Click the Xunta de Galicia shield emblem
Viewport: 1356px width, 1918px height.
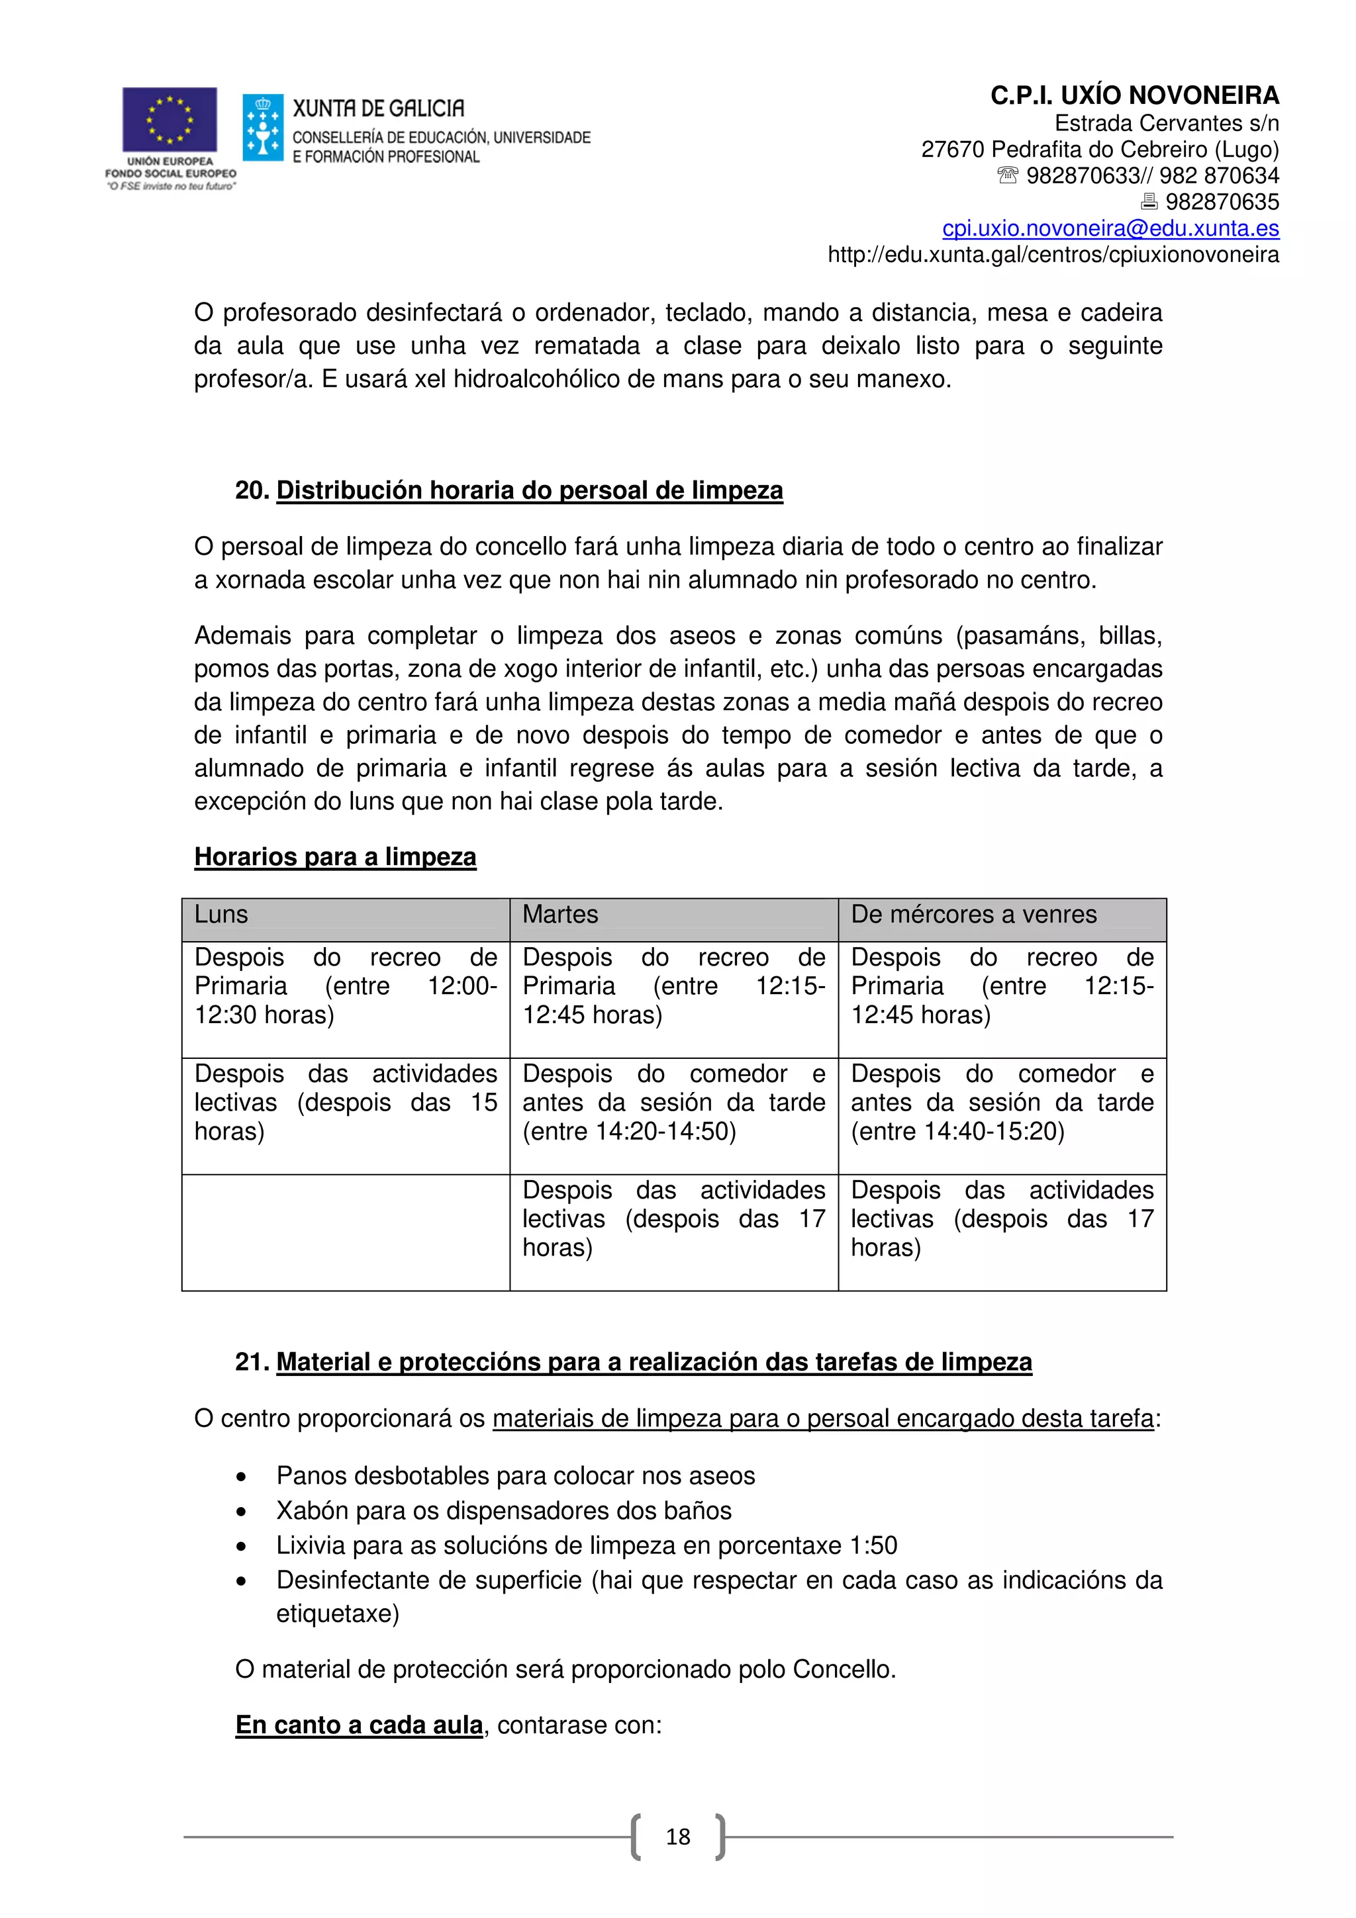click(x=262, y=128)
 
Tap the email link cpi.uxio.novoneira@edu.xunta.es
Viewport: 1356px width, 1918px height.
click(x=1110, y=228)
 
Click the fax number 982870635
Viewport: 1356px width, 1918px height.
click(x=1222, y=202)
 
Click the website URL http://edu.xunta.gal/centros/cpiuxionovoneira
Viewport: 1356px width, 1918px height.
click(x=1053, y=255)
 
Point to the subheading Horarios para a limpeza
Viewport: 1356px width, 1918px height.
click(x=335, y=857)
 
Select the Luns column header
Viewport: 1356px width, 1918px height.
click(x=221, y=915)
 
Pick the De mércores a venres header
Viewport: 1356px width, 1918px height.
click(x=973, y=915)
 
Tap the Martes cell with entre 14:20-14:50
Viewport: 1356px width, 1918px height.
click(x=673, y=1103)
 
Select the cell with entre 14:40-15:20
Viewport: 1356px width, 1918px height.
click(x=1001, y=1103)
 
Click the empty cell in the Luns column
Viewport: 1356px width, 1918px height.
click(x=345, y=1232)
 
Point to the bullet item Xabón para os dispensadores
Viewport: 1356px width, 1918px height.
click(x=504, y=1511)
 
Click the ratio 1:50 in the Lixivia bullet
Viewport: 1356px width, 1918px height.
click(x=873, y=1546)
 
